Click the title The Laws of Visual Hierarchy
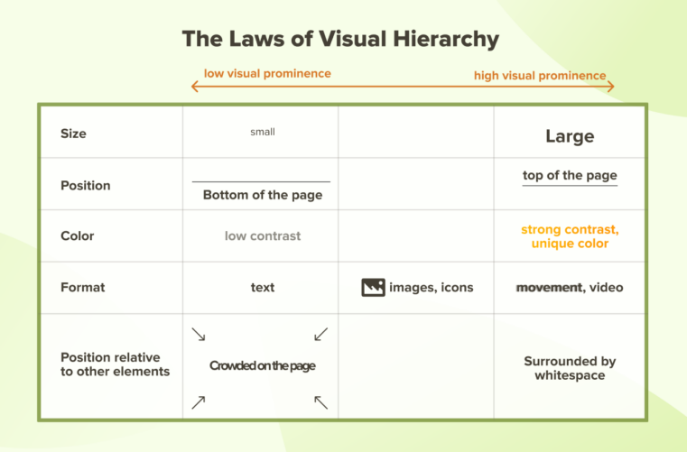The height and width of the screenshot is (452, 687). [x=340, y=39]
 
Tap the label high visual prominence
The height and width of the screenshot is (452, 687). [x=540, y=76]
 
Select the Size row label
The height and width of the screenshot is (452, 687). [x=73, y=134]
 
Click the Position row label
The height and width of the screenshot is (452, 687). [x=85, y=185]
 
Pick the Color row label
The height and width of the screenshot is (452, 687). [x=77, y=235]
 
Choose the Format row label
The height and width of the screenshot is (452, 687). [x=82, y=287]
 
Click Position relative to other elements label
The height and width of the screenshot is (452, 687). [x=115, y=364]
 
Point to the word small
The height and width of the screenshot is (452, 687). [x=263, y=132]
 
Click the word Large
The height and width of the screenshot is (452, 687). [x=570, y=136]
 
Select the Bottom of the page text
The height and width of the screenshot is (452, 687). [x=262, y=195]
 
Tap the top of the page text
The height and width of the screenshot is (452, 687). [x=570, y=175]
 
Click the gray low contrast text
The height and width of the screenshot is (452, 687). [x=263, y=235]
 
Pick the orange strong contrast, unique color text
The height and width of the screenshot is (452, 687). [x=570, y=236]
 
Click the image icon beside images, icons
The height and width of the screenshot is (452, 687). [x=373, y=288]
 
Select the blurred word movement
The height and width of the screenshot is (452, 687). [x=549, y=287]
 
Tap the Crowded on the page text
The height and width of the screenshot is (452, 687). [x=262, y=365]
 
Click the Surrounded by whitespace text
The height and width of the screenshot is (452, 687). [x=570, y=368]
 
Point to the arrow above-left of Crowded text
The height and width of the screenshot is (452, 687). [x=199, y=335]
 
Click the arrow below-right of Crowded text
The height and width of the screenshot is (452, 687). [x=320, y=402]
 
